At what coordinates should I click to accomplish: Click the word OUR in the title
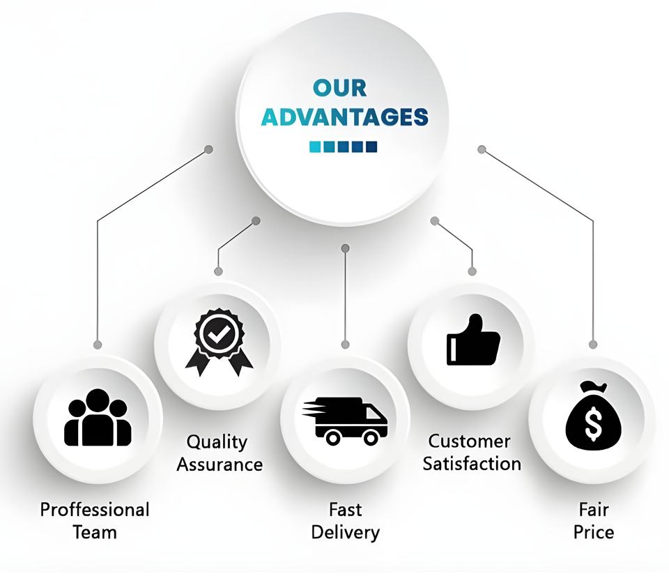point(339,88)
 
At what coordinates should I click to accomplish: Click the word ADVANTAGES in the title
point(344,116)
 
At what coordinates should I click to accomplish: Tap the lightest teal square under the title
point(315,146)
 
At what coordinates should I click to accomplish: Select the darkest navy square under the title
point(371,146)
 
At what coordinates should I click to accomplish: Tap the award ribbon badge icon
point(219,342)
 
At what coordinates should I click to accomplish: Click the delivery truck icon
point(346,421)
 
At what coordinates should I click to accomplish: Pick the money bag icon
point(592,416)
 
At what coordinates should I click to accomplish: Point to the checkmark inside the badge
point(219,334)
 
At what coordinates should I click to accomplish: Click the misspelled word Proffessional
point(95,509)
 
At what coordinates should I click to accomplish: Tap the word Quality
point(217,442)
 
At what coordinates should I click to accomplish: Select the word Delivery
point(345,533)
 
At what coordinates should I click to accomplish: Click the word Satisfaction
point(472,463)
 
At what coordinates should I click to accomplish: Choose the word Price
point(594,532)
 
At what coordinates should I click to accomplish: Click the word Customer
point(469,441)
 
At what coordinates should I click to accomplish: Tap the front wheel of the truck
point(371,437)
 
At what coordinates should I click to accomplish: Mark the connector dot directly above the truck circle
point(346,344)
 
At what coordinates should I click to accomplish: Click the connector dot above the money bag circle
point(593,344)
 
